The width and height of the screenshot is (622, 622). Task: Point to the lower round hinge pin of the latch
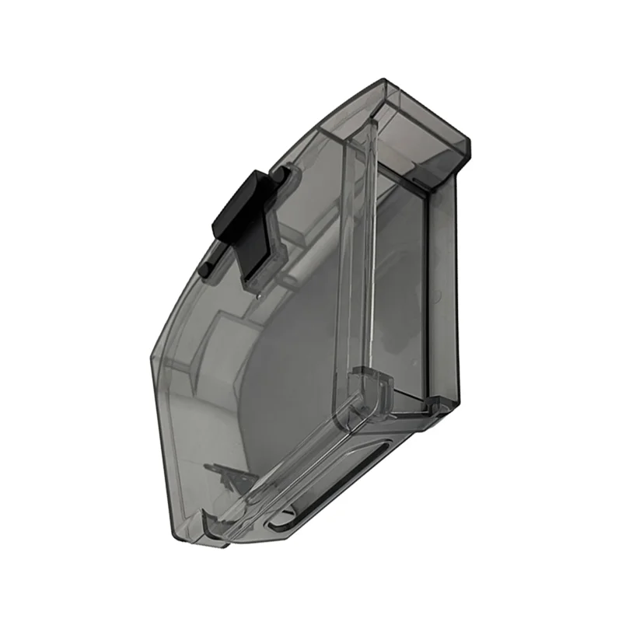[x=207, y=267]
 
